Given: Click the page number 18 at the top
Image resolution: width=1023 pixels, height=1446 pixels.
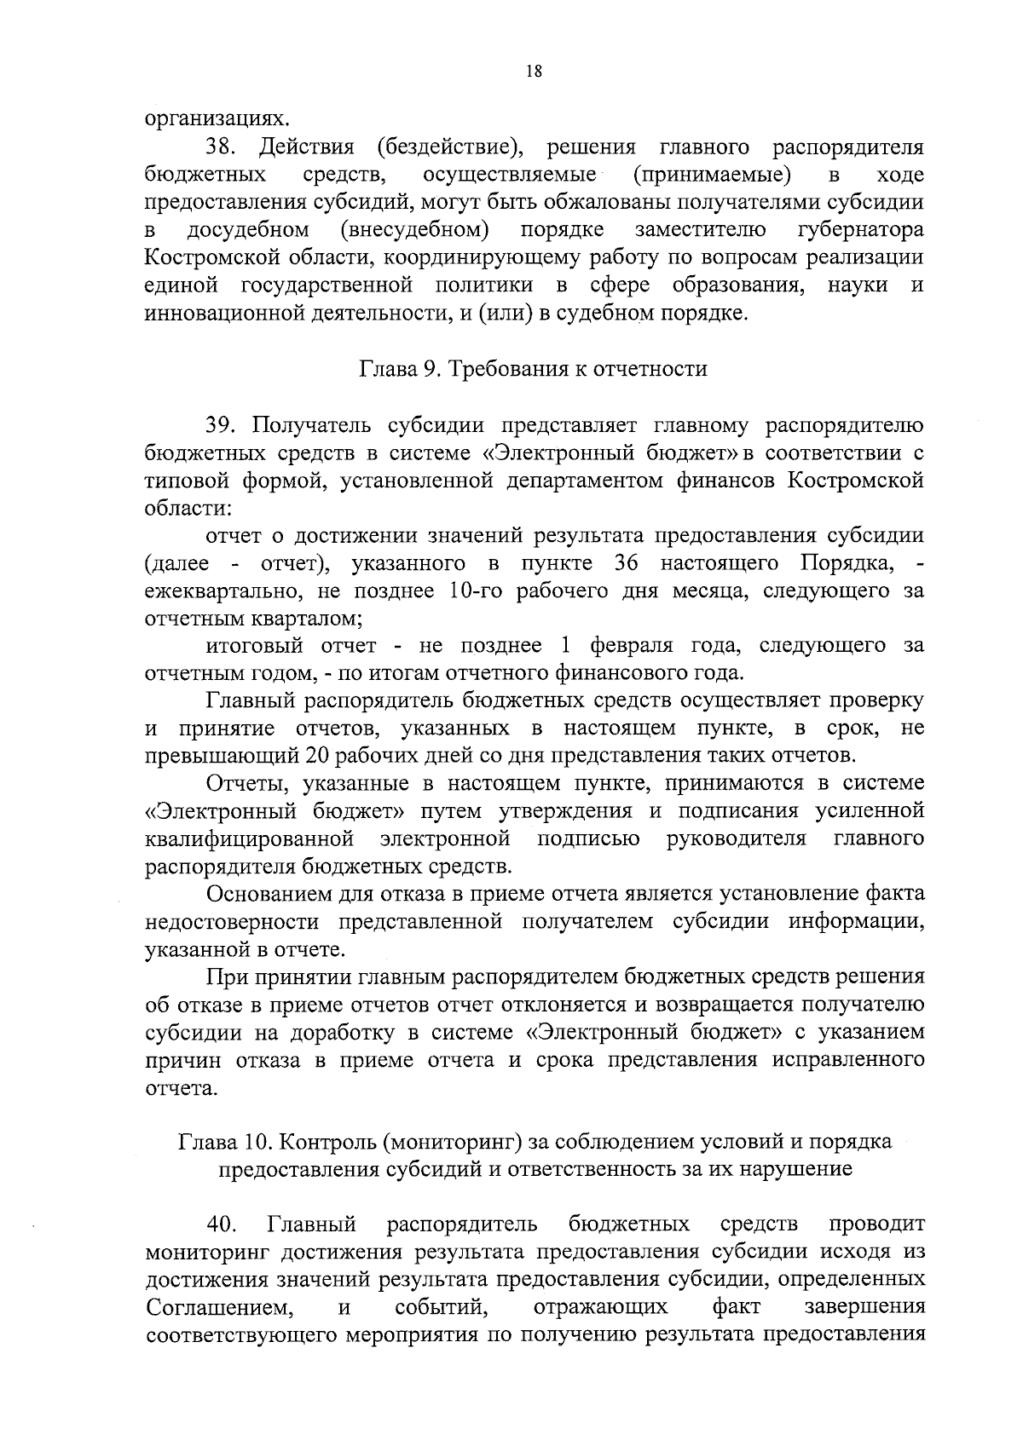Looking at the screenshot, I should click(x=534, y=72).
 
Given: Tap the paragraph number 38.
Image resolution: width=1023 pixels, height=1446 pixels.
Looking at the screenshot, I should click(x=221, y=147).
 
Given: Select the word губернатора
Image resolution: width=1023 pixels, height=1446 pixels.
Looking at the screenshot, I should click(x=860, y=230).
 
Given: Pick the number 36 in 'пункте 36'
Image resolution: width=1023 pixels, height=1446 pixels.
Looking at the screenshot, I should click(x=628, y=563).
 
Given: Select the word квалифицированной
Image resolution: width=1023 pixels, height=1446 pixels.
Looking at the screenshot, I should click(x=250, y=839).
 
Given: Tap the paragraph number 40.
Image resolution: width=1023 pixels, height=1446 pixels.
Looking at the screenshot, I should click(x=220, y=1224).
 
